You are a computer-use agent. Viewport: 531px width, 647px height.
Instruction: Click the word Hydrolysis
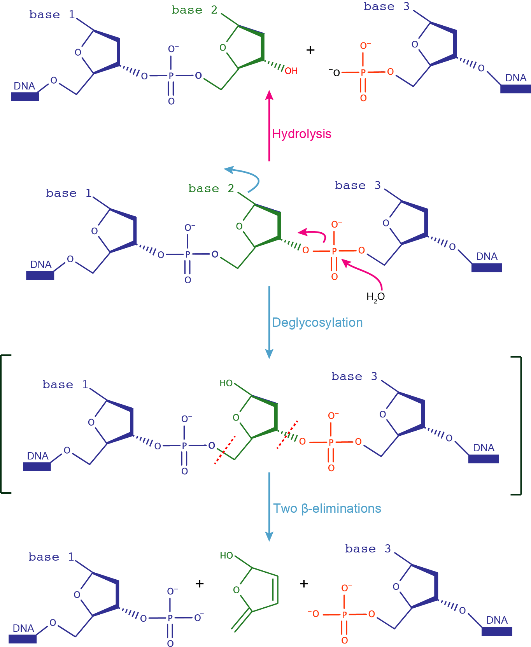coord(301,134)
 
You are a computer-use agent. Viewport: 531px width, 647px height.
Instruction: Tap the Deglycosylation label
coord(317,323)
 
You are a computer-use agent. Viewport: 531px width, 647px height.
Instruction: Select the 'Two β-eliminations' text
coord(327,508)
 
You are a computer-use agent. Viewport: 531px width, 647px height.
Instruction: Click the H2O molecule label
coord(375,297)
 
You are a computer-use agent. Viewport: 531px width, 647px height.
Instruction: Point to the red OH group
coord(291,71)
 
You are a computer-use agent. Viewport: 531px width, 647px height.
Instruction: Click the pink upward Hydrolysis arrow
coord(269,124)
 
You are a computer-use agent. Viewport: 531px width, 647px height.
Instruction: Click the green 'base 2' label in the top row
coord(194,10)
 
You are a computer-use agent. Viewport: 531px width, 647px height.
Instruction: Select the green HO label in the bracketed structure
coord(226,383)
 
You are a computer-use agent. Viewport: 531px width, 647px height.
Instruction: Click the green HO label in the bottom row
coord(226,556)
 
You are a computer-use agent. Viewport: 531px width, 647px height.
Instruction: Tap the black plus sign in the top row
coord(310,50)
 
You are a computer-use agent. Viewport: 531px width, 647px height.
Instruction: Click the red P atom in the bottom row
coord(344,615)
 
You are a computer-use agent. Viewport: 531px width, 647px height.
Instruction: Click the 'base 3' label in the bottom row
coord(368,549)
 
